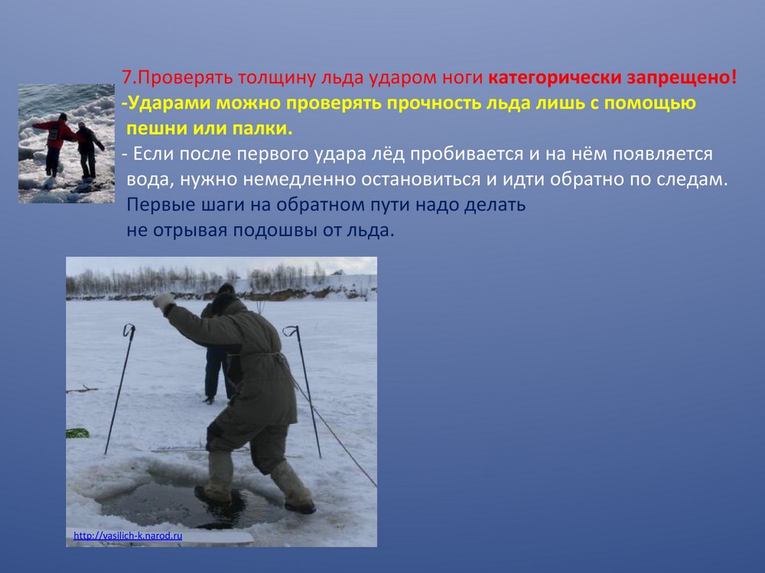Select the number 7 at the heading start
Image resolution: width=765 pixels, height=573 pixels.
127,77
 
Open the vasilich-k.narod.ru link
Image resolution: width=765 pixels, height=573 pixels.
128,536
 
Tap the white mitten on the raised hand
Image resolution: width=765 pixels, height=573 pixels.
162,301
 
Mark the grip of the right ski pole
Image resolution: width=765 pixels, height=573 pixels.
291,331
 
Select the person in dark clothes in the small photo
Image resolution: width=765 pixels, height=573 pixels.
88,150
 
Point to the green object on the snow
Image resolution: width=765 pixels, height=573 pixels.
77,432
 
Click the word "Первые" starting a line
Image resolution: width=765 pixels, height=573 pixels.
158,205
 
